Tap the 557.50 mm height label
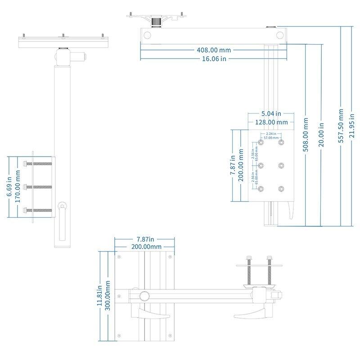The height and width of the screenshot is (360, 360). point(341,126)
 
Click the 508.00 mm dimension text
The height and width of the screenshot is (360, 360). point(306,135)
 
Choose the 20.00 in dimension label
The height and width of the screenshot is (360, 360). point(321,135)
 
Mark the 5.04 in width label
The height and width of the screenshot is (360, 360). point(272,113)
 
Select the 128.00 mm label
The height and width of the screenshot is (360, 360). point(272,122)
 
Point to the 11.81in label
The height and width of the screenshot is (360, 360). point(100,296)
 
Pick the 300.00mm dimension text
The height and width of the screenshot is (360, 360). point(108,296)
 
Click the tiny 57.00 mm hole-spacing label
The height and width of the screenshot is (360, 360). point(271,138)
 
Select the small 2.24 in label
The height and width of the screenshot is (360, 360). point(271,134)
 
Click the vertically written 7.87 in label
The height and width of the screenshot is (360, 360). point(232,166)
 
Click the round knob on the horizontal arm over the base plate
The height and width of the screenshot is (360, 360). point(144,296)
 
